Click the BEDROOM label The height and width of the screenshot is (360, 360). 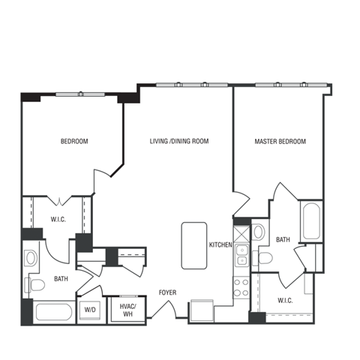click(74, 141)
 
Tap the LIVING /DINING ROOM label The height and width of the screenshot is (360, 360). click(178, 141)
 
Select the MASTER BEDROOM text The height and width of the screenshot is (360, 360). click(280, 141)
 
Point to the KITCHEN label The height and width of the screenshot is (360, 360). click(220, 244)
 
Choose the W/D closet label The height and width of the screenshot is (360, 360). click(90, 309)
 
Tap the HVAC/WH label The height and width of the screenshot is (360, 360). click(127, 309)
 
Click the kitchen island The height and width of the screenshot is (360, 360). click(193, 246)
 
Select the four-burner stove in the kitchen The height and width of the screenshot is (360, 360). click(241, 286)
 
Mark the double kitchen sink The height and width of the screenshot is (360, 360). click(241, 255)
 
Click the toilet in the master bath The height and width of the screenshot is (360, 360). click(264, 259)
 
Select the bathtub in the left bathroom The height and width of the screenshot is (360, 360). click(54, 313)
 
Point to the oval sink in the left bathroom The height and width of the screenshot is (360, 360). click(31, 259)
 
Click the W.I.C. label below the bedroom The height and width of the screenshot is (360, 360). click(58, 220)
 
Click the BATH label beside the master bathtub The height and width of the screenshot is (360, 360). click(283, 240)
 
